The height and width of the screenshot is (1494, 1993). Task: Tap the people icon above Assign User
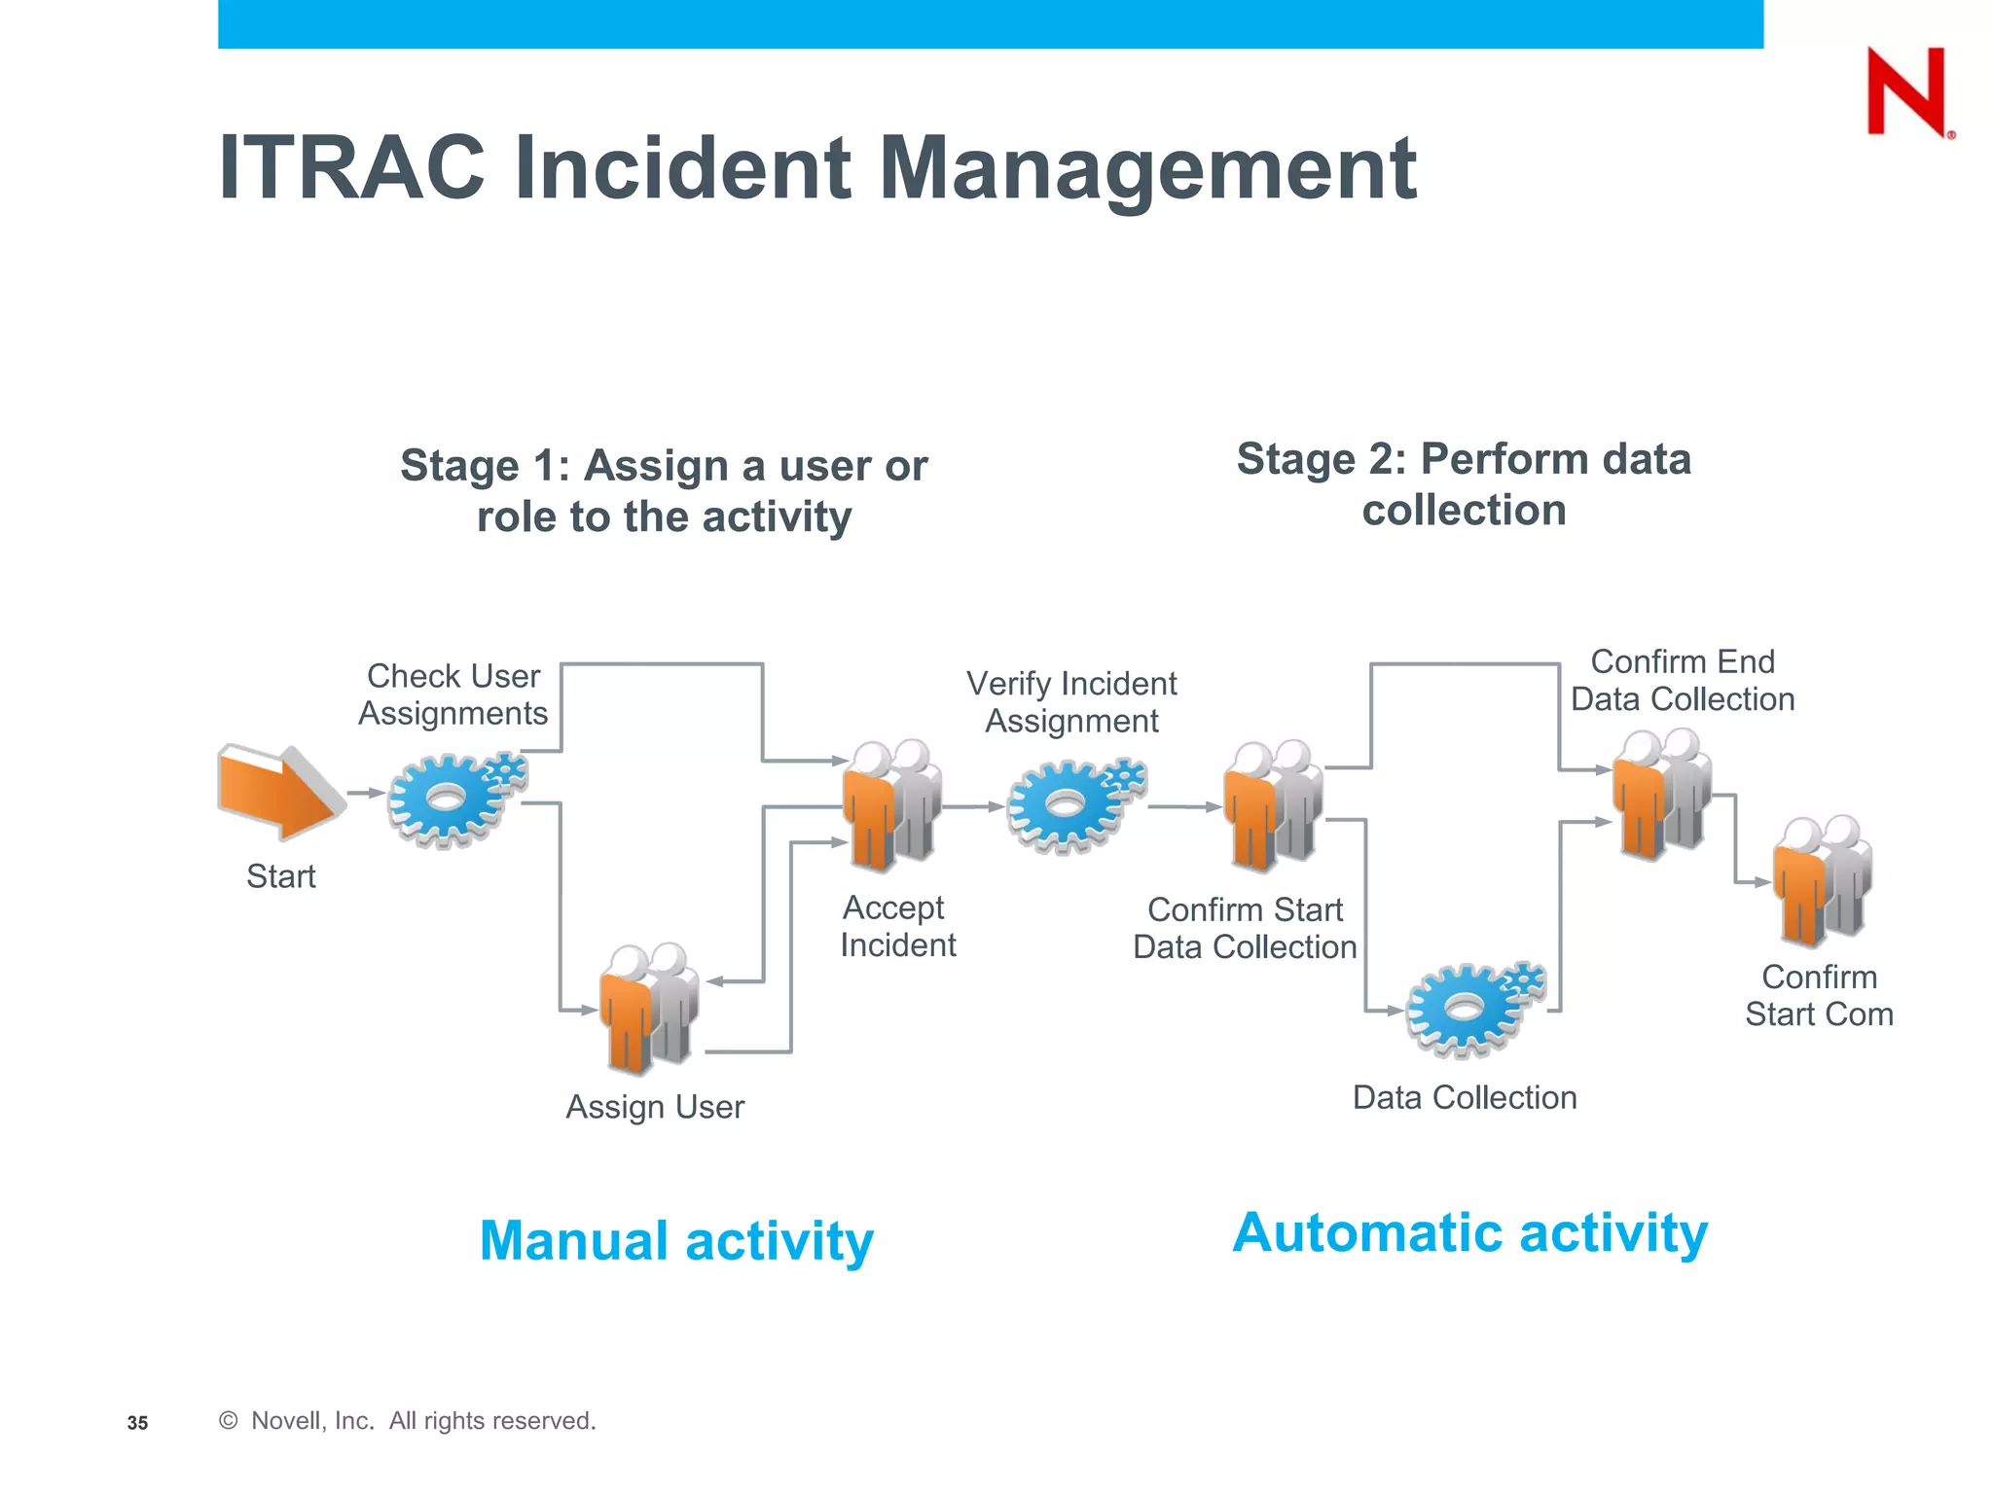(x=649, y=1008)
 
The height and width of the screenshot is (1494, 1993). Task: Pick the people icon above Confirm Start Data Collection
(x=1273, y=805)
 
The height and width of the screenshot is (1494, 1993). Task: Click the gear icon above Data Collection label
(x=1471, y=1010)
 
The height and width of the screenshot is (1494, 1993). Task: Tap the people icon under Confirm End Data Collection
(x=1662, y=794)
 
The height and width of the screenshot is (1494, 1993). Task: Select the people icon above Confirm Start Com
(x=1822, y=881)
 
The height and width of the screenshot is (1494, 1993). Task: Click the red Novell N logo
(x=1907, y=91)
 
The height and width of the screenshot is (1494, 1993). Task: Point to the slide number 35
(x=137, y=1423)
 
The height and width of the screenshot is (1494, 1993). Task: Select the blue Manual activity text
(x=676, y=1241)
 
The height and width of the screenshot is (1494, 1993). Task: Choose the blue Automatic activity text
(x=1469, y=1233)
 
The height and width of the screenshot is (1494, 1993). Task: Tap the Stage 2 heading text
(x=1464, y=484)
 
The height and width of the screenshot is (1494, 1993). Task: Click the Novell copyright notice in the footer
(x=409, y=1421)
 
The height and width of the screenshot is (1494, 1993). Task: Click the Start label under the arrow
(x=280, y=876)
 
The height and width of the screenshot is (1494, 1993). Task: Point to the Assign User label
(x=655, y=1107)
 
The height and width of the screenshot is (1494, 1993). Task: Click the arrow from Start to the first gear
(x=366, y=793)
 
